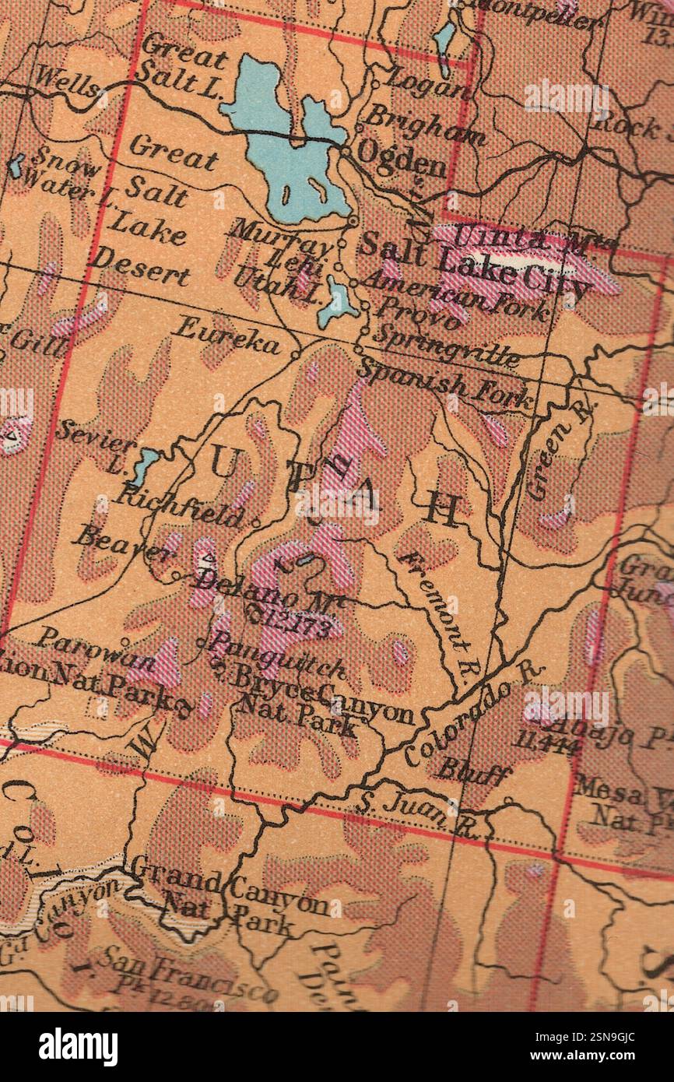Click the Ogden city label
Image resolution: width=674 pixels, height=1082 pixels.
(401, 160)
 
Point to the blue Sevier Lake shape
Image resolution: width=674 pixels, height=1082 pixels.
(144, 465)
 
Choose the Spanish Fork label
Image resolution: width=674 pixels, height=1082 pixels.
(446, 384)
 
